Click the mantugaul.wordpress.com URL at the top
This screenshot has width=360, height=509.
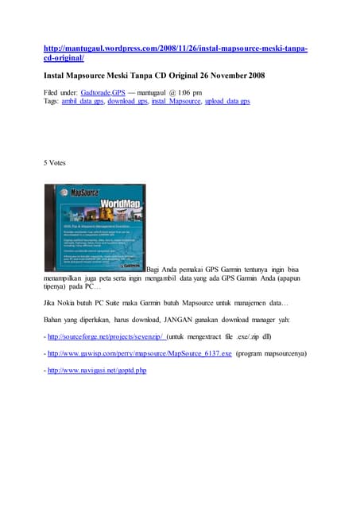pos(175,49)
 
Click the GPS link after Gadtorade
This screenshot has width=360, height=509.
pos(118,93)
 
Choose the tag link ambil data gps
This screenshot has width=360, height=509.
pos(82,102)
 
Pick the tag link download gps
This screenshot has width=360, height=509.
pos(128,102)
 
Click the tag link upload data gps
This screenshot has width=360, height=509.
pos(226,102)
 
